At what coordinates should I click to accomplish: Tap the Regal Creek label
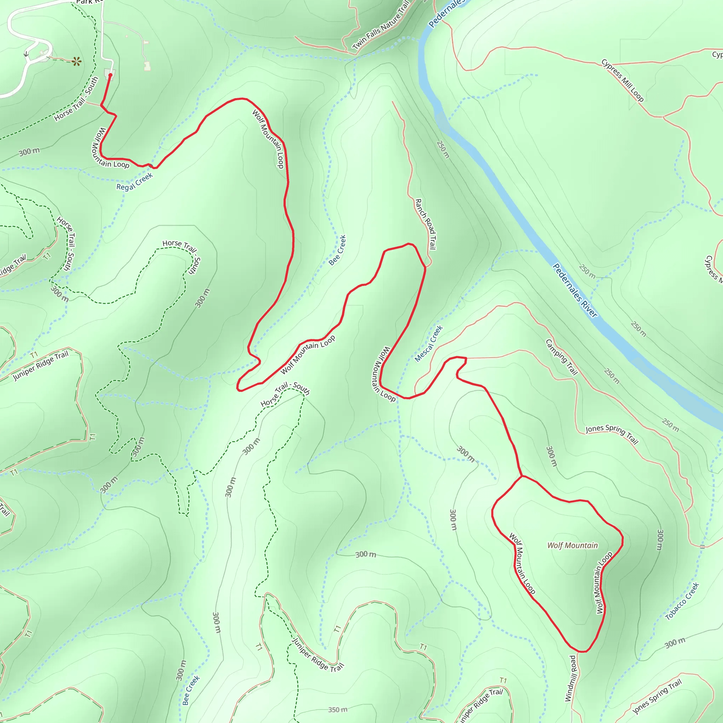click(135, 181)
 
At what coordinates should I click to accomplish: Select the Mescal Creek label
click(429, 343)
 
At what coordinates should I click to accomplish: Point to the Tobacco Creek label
click(682, 601)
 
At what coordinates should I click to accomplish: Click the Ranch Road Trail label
click(426, 224)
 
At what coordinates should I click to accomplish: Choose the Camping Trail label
click(562, 357)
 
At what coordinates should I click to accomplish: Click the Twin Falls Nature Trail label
click(381, 26)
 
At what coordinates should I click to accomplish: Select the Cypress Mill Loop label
click(623, 80)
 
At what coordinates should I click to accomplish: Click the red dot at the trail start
click(110, 75)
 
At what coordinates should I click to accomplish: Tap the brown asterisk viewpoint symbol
click(77, 61)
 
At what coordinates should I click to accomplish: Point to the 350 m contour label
click(337, 710)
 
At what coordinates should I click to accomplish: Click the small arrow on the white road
click(26, 54)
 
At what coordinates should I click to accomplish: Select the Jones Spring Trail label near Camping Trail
click(612, 434)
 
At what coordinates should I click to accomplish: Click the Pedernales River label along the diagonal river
click(575, 291)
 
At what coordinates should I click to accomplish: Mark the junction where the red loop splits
click(522, 476)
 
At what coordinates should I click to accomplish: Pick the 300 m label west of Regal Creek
click(29, 151)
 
